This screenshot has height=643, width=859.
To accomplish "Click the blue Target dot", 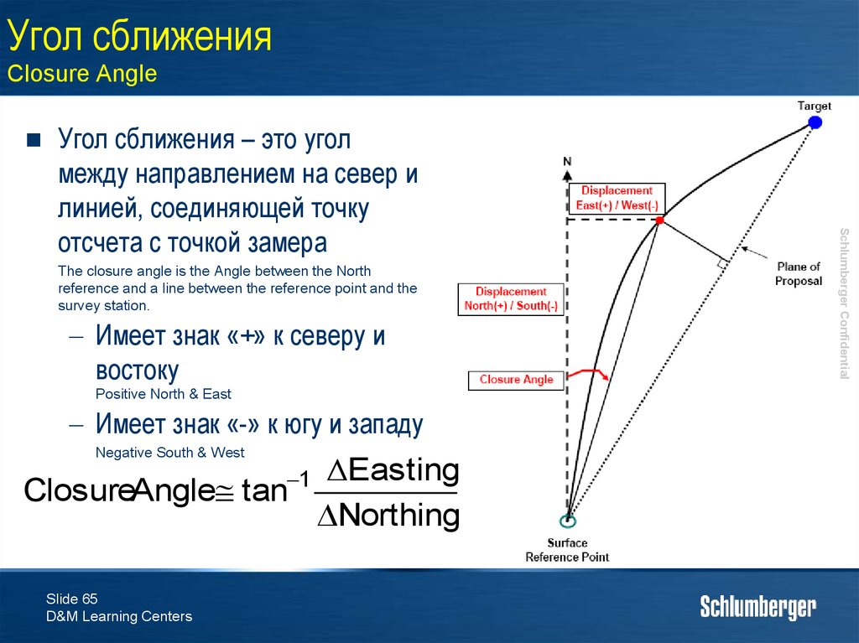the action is coord(815,122).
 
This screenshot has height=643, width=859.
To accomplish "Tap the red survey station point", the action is coord(659,220).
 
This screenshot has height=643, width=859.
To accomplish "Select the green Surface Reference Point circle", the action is coord(568,521).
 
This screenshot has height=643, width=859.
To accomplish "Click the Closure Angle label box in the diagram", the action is coord(516,380).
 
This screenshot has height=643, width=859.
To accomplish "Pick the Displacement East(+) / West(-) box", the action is coord(617,199).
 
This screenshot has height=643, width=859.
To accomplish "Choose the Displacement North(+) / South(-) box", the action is coord(511,298).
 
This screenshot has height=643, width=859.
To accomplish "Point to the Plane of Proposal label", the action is coord(799,274).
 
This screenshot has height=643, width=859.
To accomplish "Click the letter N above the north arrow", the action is coord(567,161).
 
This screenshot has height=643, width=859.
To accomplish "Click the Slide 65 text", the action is coord(72,599).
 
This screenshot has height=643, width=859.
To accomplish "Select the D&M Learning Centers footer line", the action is coord(119,616).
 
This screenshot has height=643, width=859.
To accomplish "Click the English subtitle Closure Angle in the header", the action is coord(82,74).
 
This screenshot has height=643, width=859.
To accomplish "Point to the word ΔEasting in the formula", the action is coord(393,470).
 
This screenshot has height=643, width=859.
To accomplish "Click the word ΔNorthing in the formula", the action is coord(388,515).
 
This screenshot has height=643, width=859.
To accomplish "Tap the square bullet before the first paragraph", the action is coord(34,140).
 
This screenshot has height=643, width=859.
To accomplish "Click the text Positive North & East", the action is coord(164,394).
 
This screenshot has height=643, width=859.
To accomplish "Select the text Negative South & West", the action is coord(169,453).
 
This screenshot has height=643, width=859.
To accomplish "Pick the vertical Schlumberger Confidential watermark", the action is coord(844,303).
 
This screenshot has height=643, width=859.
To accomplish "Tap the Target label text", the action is coord(814,106).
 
